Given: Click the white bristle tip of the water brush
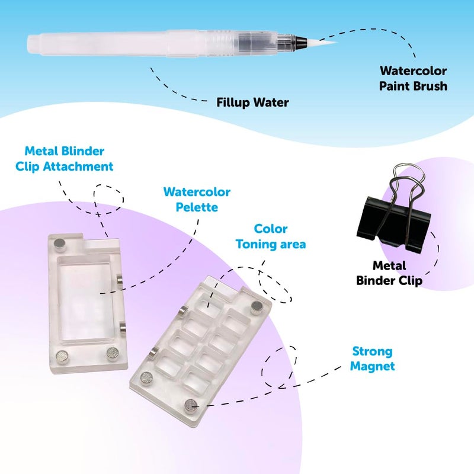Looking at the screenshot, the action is pyautogui.click(x=321, y=41).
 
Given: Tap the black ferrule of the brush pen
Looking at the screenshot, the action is pyautogui.click(x=301, y=41).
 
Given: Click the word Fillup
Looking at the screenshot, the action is pyautogui.click(x=233, y=103).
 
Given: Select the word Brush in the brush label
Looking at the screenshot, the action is pyautogui.click(x=431, y=86).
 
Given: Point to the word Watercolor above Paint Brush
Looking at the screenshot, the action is pyautogui.click(x=413, y=71).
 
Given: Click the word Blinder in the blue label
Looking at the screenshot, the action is pyautogui.click(x=84, y=151).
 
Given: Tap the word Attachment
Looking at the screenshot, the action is pyautogui.click(x=78, y=166).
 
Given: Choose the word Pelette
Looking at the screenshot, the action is pyautogui.click(x=197, y=207).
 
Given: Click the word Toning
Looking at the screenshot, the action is pyautogui.click(x=257, y=244).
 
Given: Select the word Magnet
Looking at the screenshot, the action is pyautogui.click(x=373, y=366).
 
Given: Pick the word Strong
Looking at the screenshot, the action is pyautogui.click(x=373, y=351).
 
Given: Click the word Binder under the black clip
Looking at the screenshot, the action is pyautogui.click(x=376, y=280).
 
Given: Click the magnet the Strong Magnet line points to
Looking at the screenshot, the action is pyautogui.click(x=191, y=405).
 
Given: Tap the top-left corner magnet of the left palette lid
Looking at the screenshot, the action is pyautogui.click(x=59, y=244).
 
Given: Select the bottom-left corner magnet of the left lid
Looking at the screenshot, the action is pyautogui.click(x=63, y=355).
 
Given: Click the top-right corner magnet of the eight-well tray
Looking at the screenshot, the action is pyautogui.click(x=257, y=307).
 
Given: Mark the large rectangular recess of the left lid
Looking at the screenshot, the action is pyautogui.click(x=85, y=300).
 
